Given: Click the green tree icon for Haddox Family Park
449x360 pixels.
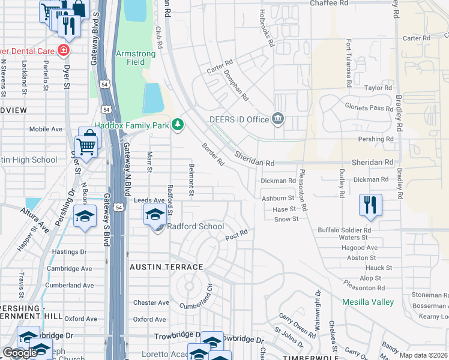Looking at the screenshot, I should click(177, 124).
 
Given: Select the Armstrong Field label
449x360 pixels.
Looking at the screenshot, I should click(136, 58).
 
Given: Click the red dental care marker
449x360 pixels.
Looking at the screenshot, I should click(63, 49).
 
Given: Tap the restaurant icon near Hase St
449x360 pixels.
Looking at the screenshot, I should click(370, 205).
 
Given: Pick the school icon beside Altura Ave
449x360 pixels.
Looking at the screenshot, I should click(85, 216).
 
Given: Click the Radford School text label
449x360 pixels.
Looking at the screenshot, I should click(195, 226).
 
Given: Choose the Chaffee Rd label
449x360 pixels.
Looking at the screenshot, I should click(329, 3).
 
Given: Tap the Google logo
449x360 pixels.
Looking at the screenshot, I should click(20, 353).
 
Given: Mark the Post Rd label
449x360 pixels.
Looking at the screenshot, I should click(237, 235).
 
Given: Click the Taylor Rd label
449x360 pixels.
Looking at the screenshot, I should click(378, 88).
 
